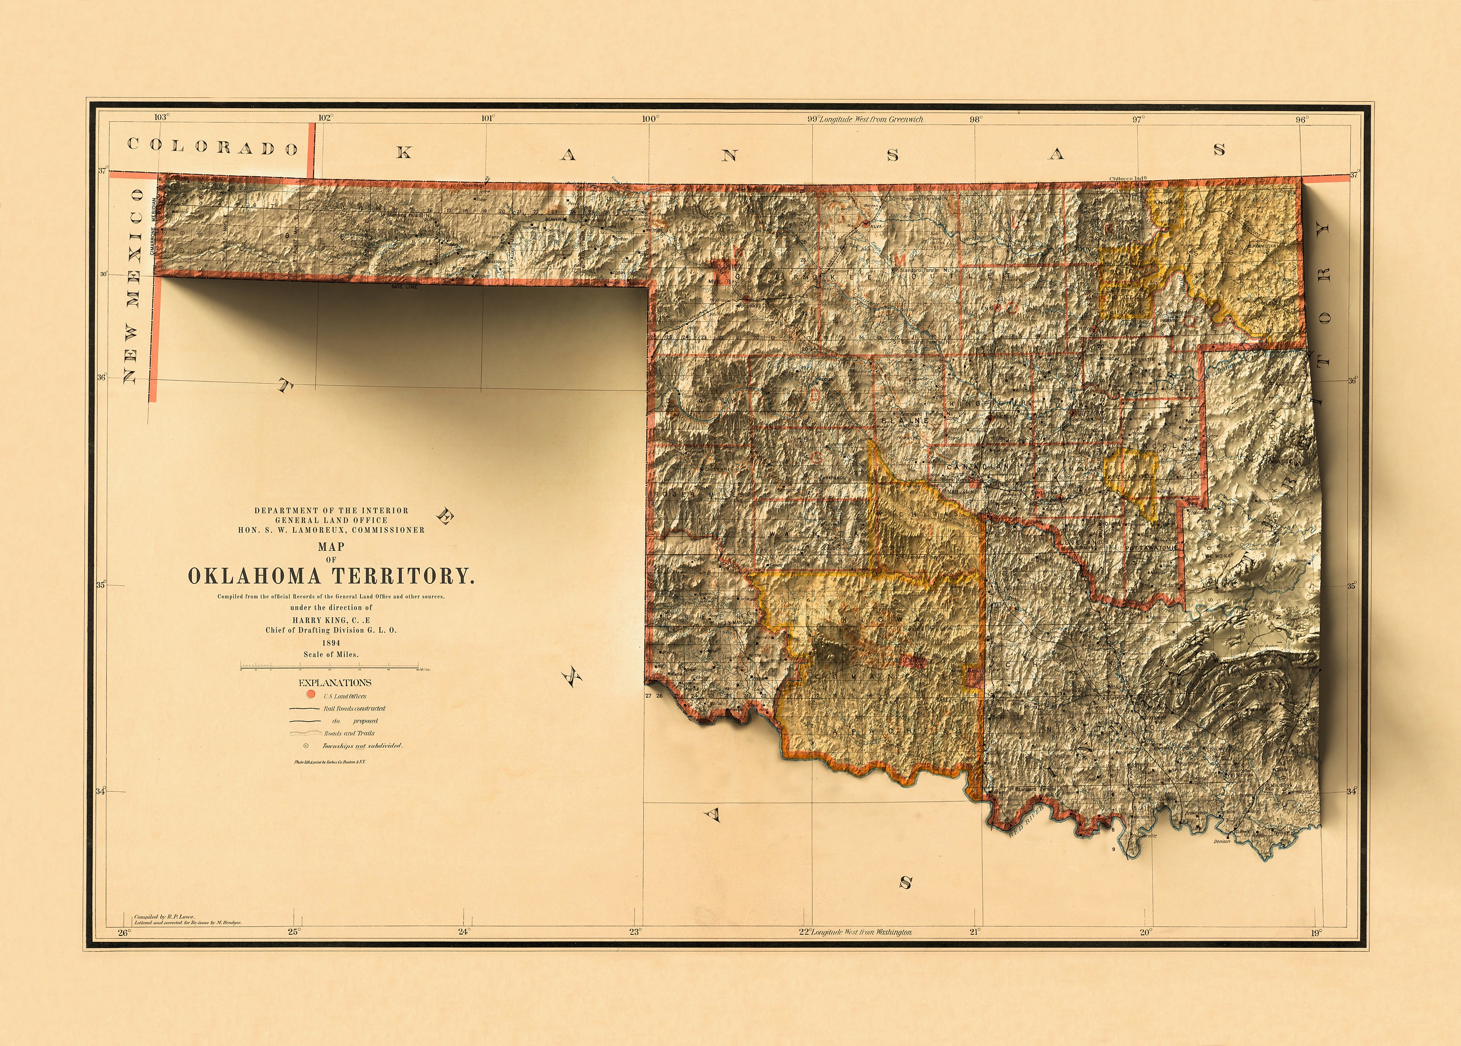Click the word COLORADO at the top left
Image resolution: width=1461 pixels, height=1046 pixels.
[213, 147]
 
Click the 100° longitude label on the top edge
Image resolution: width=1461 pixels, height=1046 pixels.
[649, 118]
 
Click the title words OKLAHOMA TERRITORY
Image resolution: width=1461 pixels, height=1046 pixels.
[331, 575]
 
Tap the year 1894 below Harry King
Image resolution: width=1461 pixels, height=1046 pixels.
[331, 643]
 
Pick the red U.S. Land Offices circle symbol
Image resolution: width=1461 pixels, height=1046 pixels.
[311, 695]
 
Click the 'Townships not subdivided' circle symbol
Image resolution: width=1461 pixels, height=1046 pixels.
[305, 746]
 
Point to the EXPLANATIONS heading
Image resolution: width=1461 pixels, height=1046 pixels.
[335, 683]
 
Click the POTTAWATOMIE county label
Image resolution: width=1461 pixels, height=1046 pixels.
[1152, 547]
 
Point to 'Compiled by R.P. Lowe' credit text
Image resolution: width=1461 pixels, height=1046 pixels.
[164, 916]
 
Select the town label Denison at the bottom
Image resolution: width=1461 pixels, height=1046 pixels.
[1222, 841]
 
